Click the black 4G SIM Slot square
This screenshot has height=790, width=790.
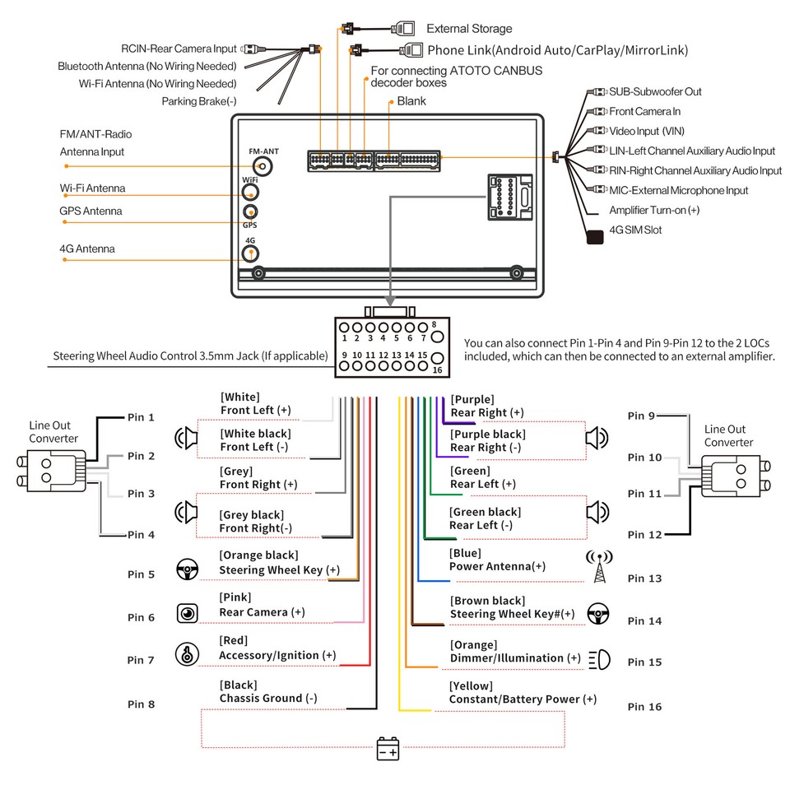[594, 236]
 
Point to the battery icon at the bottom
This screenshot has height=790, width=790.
[388, 749]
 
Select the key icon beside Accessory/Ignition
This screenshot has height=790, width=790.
[188, 655]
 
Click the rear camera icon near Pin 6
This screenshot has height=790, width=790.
[188, 613]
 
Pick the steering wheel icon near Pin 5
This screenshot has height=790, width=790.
[188, 569]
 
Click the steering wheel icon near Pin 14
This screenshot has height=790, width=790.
[597, 614]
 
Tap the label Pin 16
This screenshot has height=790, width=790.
[644, 707]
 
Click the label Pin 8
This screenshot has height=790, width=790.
[141, 704]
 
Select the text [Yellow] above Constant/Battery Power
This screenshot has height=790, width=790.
[471, 686]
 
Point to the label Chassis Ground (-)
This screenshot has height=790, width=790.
[267, 699]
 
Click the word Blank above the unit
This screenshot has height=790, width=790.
[411, 101]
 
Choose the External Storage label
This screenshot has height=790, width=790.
[469, 29]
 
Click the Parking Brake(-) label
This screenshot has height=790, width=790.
[199, 101]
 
